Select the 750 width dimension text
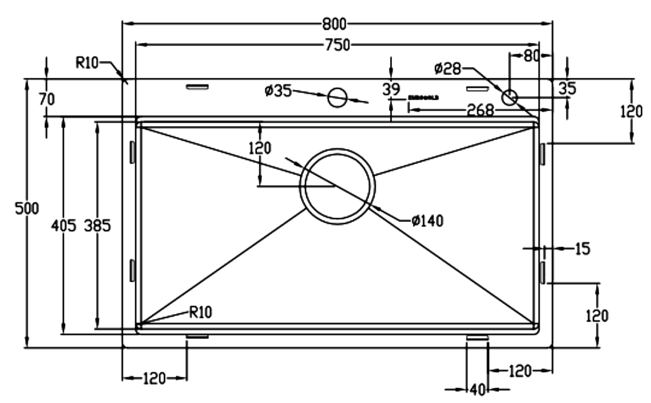[337, 46]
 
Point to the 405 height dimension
[64, 226]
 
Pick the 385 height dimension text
[98, 226]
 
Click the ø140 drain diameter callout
[427, 221]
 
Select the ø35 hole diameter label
[278, 91]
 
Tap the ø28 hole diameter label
[447, 68]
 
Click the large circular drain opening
[337, 186]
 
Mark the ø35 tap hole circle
[337, 97]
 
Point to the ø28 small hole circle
[509, 97]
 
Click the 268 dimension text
[480, 110]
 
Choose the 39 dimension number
[391, 90]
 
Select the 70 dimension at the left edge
[46, 98]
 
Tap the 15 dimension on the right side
[582, 248]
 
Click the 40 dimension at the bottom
[476, 389]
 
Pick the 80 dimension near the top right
[531, 56]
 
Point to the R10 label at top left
[87, 63]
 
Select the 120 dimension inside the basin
[260, 149]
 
